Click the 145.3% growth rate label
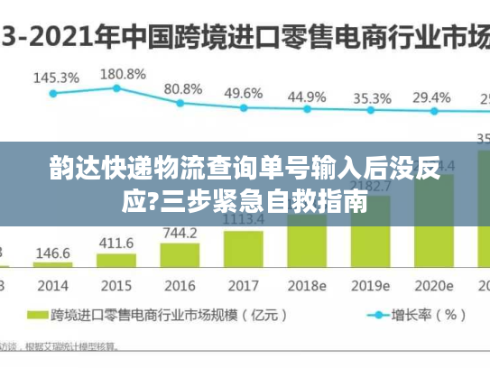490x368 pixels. tap(56, 78)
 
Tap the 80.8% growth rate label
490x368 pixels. tap(183, 89)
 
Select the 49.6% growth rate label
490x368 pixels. tap(244, 93)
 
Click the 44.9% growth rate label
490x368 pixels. tap(307, 96)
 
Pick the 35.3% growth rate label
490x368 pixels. tap(372, 97)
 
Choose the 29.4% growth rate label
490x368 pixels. tap(431, 97)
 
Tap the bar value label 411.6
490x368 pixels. tap(116, 244)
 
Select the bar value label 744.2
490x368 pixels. tap(180, 233)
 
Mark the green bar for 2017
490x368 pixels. tap(243, 247)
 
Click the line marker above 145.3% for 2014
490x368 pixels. tap(52, 92)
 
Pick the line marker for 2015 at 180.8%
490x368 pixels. tap(116, 87)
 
